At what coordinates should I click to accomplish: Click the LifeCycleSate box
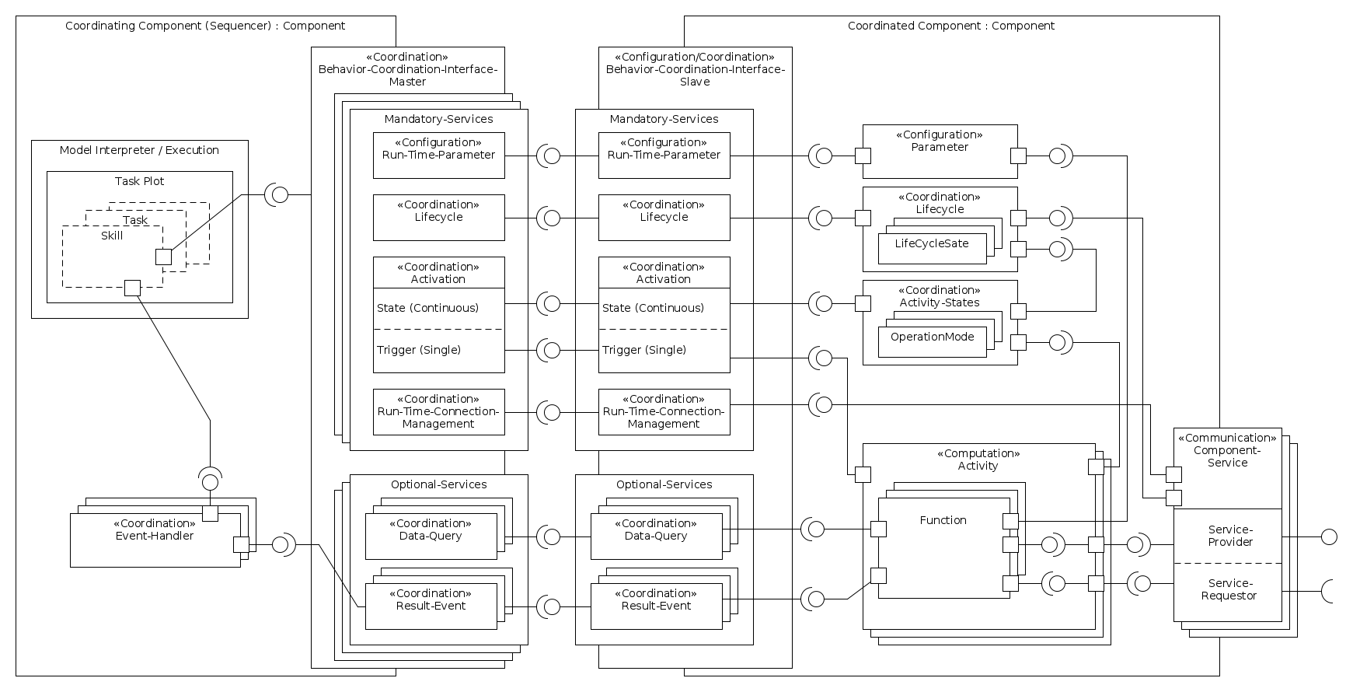point(932,244)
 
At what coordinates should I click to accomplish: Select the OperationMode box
point(932,337)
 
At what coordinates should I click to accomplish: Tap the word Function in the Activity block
point(943,520)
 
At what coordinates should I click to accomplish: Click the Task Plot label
point(140,181)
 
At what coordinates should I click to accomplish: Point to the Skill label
point(112,236)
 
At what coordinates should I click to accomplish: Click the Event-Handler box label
point(155,529)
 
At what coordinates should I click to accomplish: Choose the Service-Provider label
point(1230,536)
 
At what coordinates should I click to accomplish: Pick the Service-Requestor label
point(1229,589)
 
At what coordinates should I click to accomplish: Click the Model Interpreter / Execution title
point(139,150)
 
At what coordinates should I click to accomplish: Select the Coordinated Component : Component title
point(950,26)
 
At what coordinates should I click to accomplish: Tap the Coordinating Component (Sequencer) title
point(205,26)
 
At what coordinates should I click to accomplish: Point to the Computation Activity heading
point(978,460)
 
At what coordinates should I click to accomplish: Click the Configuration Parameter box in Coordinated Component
point(940,141)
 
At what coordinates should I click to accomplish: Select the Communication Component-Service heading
point(1227,450)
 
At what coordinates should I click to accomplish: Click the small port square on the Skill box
point(133,288)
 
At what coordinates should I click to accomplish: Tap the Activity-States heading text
point(940,302)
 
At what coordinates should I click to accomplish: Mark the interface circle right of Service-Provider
point(1330,536)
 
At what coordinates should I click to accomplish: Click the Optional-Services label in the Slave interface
point(664,484)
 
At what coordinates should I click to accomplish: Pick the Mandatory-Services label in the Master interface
point(438,119)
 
